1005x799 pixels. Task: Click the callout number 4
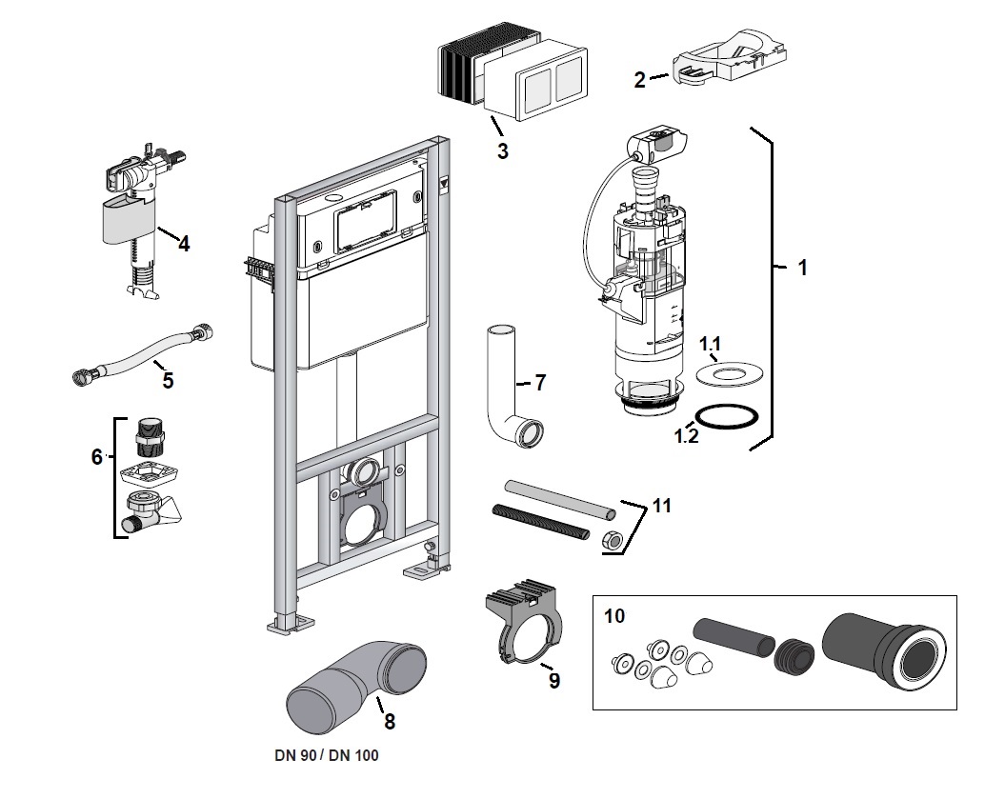183,244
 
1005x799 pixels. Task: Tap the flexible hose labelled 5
143,354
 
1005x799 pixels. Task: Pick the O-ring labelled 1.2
726,418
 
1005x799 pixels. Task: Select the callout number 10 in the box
615,617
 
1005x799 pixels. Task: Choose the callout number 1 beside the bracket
802,269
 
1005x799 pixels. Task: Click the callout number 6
96,457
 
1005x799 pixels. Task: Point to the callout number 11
662,506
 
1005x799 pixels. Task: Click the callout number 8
389,721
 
